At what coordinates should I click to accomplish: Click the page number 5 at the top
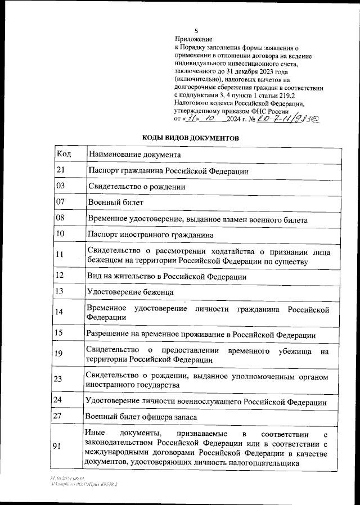pyautogui.click(x=196, y=31)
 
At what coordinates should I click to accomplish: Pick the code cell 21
pyautogui.click(x=61, y=170)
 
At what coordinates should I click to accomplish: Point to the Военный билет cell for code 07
pyautogui.click(x=115, y=202)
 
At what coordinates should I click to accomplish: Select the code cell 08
pyautogui.click(x=61, y=218)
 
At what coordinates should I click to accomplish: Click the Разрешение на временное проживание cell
pyautogui.click(x=200, y=334)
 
